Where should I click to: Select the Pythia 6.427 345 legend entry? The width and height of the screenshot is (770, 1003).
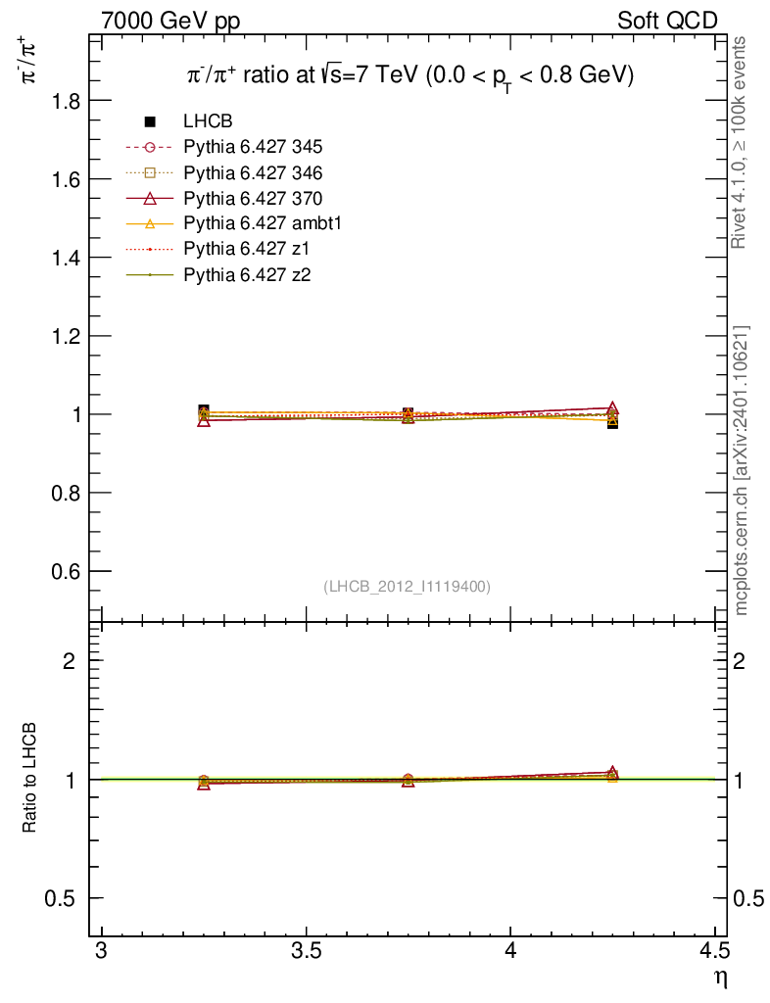pyautogui.click(x=253, y=148)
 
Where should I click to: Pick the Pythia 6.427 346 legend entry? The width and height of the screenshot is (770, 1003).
pyautogui.click(x=253, y=173)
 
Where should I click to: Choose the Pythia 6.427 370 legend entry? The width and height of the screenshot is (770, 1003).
pyautogui.click(x=253, y=199)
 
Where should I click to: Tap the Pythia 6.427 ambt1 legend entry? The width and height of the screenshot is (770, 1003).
pyautogui.click(x=262, y=224)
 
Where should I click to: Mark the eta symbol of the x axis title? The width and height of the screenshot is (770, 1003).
pyautogui.click(x=721, y=978)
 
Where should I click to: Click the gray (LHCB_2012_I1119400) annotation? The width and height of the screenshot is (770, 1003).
pyautogui.click(x=407, y=586)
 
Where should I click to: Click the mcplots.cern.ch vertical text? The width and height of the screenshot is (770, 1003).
pyautogui.click(x=742, y=470)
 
